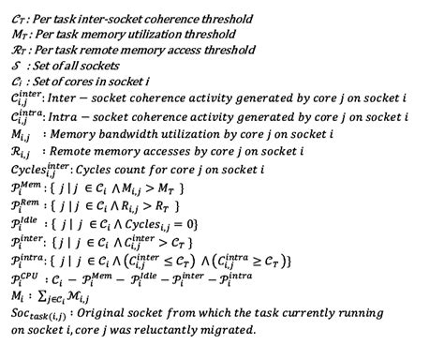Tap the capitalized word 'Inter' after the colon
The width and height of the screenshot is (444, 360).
pos(67,101)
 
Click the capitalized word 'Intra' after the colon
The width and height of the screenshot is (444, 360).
pos(67,120)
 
